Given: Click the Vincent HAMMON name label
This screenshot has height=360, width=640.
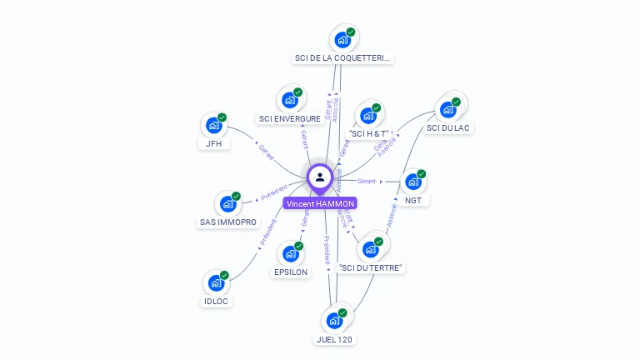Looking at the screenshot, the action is [x=320, y=203].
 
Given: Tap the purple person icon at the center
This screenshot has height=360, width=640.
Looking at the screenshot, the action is [x=320, y=177].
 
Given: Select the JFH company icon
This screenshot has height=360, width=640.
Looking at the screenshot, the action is [x=214, y=126].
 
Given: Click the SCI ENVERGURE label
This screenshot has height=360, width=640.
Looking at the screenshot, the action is [x=290, y=119].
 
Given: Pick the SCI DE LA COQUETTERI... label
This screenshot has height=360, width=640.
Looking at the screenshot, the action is [x=342, y=58].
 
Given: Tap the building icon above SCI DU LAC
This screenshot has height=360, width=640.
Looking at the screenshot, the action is [x=448, y=109].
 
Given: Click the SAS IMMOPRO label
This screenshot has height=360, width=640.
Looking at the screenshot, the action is [x=228, y=222].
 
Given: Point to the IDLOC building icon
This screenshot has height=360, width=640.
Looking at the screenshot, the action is [x=216, y=283].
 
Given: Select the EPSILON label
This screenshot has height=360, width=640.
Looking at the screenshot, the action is [x=291, y=272].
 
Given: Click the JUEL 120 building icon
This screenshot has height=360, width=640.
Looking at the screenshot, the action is [x=334, y=321].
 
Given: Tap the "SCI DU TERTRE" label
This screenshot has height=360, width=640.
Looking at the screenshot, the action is [x=372, y=267].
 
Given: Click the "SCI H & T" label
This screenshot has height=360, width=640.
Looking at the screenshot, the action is [x=369, y=133].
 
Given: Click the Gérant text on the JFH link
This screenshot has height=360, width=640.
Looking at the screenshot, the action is [x=266, y=152].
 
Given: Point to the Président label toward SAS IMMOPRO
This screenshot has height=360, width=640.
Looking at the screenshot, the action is [x=273, y=192].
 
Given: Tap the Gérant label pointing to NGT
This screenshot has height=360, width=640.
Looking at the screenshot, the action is [x=367, y=181].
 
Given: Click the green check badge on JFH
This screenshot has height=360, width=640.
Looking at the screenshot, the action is [x=222, y=117].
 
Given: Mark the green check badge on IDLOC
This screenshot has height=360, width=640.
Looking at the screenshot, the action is [x=224, y=275].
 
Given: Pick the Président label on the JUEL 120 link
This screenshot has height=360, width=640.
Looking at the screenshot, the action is [x=327, y=250].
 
